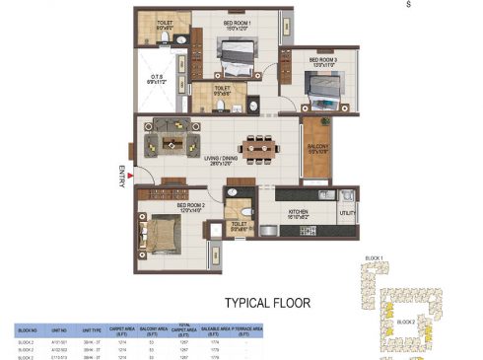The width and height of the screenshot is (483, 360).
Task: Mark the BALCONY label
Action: coord(316,148)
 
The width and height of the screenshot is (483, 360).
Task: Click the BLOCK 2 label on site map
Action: coord(406,322)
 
